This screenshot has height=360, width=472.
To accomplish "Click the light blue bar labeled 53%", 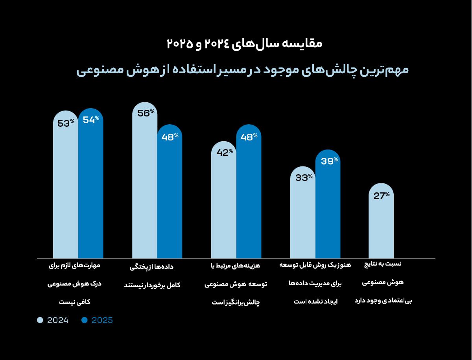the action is tap(66, 184).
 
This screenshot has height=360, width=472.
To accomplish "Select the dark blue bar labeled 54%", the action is tap(91, 183).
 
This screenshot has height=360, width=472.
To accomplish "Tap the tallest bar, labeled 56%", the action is tap(145, 180).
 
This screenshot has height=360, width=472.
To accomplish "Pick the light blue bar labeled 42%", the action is tap(224, 199).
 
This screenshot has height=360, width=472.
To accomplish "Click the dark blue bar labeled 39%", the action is tap(328, 204).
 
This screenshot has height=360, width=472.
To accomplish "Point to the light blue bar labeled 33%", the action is tap(303, 212).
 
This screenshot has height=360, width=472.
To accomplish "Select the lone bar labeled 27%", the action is tap(381, 221).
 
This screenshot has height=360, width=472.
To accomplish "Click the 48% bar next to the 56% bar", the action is tap(170, 191).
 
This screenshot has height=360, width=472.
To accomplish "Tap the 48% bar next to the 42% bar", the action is tap(249, 191).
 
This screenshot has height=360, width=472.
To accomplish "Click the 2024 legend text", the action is tap(58, 320).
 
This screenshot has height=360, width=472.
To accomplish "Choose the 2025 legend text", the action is tap(102, 320).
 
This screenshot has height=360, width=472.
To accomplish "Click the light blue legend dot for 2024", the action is tap(40, 320).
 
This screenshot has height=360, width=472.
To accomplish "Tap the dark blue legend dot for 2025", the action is tap(85, 320).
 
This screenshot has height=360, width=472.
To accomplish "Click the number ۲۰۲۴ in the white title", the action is tap(218, 44).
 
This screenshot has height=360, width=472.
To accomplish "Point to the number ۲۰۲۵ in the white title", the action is tap(180, 44).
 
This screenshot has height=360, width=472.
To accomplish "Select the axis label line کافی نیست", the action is tap(74, 302).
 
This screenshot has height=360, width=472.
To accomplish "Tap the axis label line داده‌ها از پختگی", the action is tap(151, 267).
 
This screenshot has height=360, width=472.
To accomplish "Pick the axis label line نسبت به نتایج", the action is tap(383, 264).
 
